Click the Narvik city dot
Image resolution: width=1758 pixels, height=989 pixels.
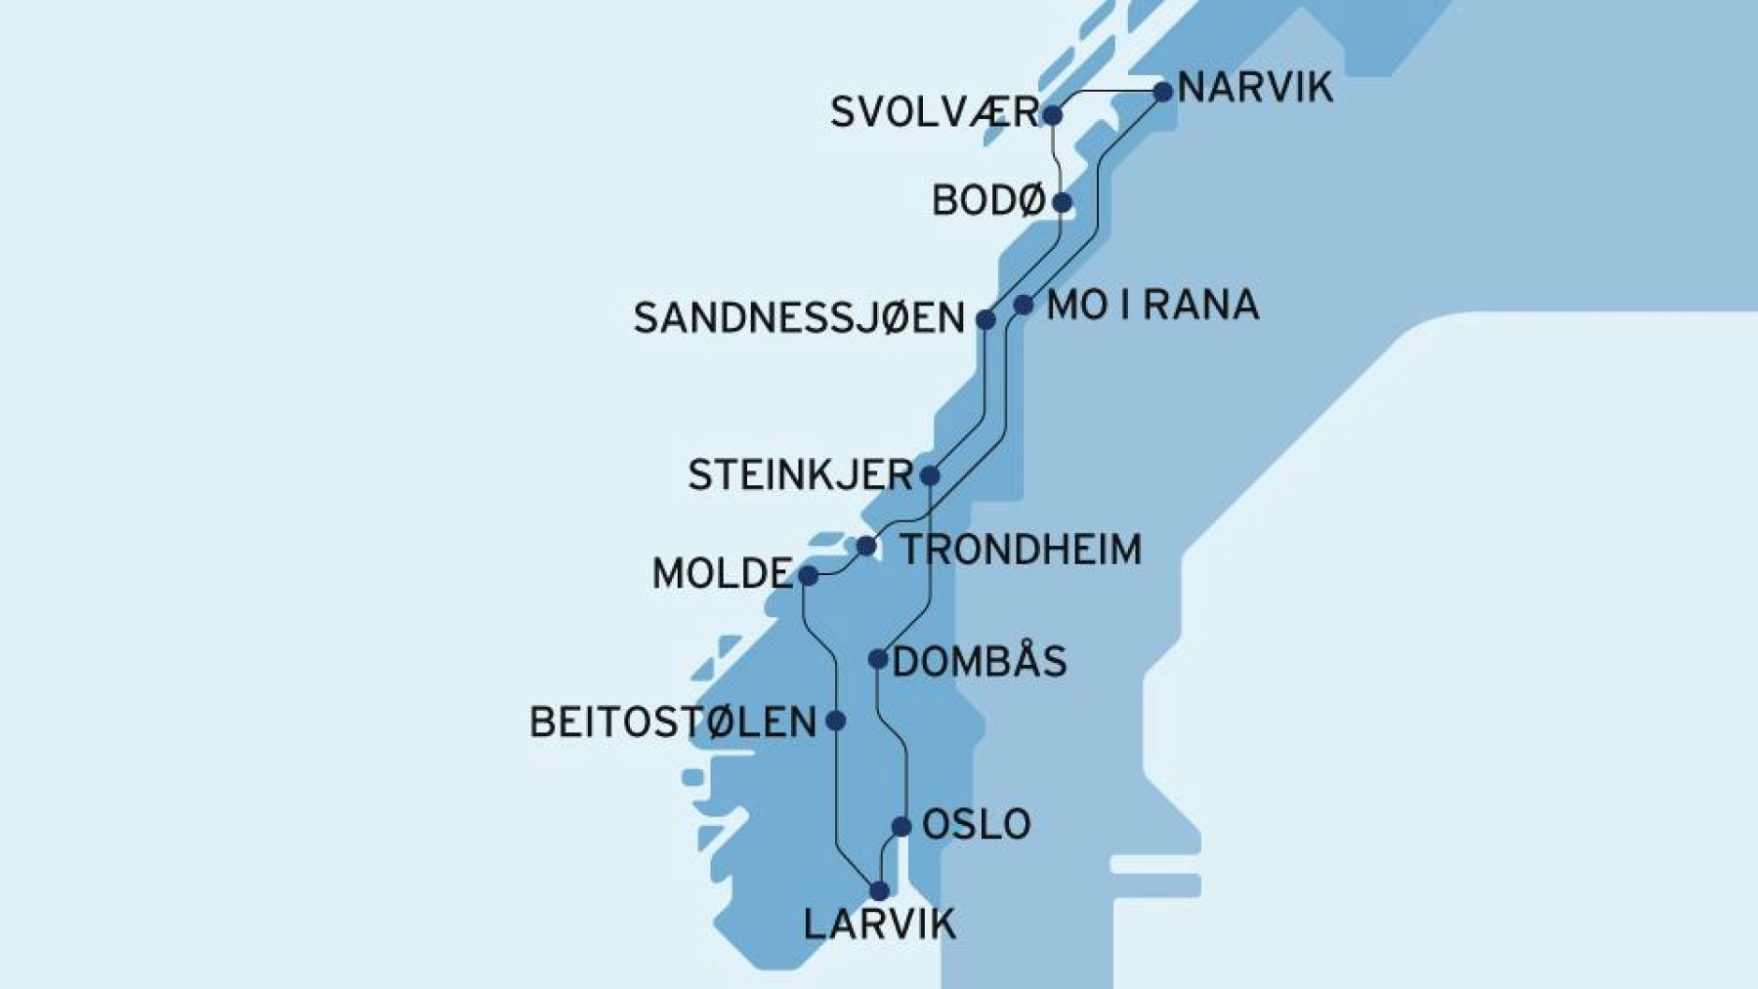pos(1162,92)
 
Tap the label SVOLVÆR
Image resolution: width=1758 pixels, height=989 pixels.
pos(935,112)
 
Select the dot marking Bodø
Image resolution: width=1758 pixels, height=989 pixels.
pos(1062,203)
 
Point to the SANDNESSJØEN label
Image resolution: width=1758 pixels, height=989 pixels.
pos(799,318)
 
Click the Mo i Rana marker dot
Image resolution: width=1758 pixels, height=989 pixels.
pos(1023,305)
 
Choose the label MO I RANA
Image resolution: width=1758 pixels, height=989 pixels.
pos(1152,306)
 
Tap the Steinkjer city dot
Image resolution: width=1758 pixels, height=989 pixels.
pos(930,475)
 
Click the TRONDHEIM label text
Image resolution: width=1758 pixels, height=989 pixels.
pos(1021,550)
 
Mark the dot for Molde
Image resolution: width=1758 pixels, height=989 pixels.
pos(809,575)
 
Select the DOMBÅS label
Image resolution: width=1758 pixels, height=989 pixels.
pos(980,662)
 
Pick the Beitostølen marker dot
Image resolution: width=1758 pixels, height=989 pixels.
pos(836,721)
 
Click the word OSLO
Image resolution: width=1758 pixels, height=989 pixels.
pos(977,825)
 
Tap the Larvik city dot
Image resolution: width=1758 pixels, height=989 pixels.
pos(879,890)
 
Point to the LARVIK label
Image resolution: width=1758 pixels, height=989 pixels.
pos(879,924)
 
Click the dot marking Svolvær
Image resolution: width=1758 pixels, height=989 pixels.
pos(1052,115)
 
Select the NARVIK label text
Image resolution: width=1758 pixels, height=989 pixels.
pos(1255,88)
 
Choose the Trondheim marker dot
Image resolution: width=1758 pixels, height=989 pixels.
pos(866,546)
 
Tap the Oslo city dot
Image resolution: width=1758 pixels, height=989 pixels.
pos(901,827)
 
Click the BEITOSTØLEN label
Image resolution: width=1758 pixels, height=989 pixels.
pos(673,722)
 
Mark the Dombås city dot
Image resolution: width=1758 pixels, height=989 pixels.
pos(878,660)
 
